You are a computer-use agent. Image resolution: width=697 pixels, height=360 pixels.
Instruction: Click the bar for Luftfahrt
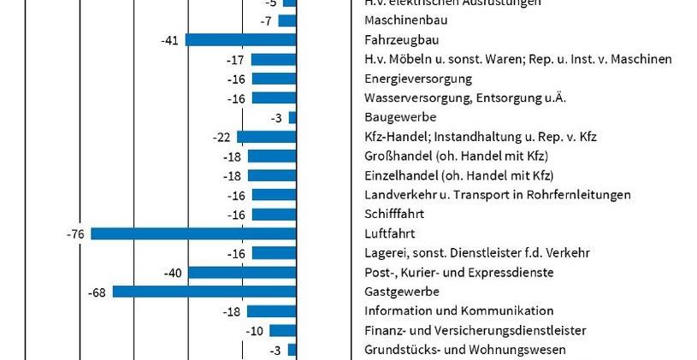(193, 233)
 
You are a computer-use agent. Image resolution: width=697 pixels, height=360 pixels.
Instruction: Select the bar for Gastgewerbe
(204, 292)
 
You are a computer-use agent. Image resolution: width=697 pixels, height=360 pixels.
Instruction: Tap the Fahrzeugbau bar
(240, 39)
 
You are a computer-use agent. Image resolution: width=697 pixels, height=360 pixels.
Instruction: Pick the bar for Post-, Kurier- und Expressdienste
(242, 273)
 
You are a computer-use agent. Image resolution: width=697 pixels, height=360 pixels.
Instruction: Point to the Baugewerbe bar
(292, 117)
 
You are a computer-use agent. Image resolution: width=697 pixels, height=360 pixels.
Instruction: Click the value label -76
(74, 233)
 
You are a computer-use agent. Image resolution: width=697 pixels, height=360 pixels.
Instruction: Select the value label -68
(97, 292)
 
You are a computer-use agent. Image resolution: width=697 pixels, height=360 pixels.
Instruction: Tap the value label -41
(169, 39)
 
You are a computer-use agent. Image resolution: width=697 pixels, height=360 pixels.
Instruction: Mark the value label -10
(255, 331)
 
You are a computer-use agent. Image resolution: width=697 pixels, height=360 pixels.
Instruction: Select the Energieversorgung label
(418, 79)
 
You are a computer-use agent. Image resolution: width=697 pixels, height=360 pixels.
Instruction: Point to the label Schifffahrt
(393, 214)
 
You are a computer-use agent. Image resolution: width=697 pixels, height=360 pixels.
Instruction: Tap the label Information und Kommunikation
(458, 311)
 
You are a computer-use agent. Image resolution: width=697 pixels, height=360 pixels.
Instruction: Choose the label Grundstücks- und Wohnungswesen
(464, 350)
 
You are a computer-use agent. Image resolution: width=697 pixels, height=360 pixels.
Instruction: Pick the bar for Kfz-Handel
(266, 137)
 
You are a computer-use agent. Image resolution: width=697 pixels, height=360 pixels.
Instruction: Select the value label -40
(173, 273)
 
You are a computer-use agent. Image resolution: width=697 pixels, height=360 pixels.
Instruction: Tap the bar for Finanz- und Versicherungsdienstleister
(282, 331)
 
